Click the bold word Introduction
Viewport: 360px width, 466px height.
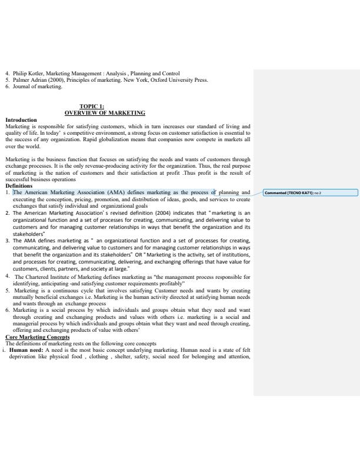21,119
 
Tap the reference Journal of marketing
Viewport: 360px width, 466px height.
37,86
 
